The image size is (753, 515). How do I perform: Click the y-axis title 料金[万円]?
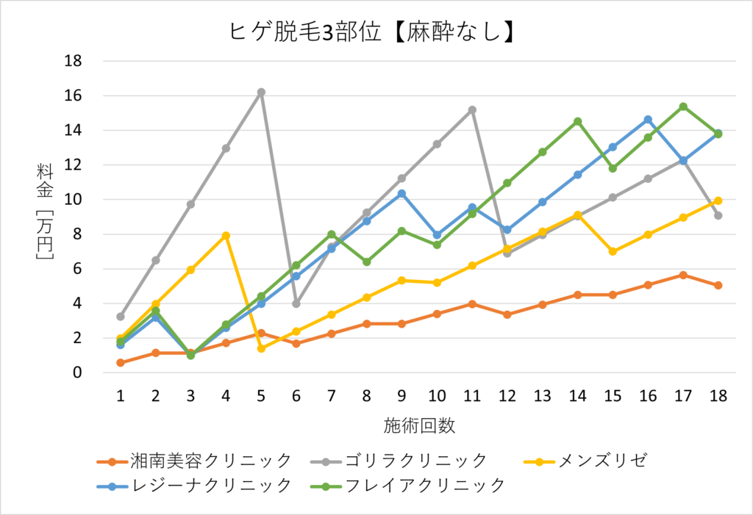coord(45,214)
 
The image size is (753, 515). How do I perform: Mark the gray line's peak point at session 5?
coord(261,93)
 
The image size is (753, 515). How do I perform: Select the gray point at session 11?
coord(472,109)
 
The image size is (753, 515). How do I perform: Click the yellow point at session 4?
coord(226,236)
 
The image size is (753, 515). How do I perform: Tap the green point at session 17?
coord(683,107)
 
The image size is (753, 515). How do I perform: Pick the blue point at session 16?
coord(648,119)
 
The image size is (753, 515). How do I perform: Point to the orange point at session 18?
coord(718,285)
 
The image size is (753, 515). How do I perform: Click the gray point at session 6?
coord(296,303)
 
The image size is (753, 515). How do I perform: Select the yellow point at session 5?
coord(261,348)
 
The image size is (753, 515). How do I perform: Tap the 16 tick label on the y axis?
coord(71,96)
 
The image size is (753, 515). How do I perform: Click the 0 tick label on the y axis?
coord(76,372)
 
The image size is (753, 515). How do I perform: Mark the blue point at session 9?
coord(402,193)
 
